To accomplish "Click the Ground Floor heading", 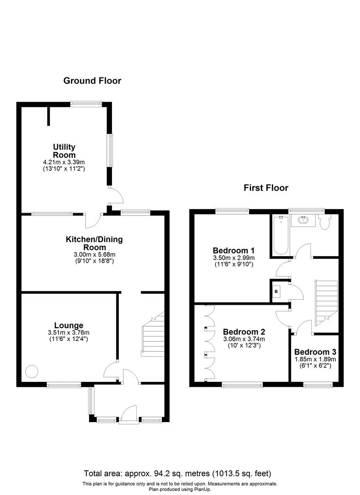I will (x=92, y=81).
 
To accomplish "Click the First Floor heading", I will (x=266, y=187).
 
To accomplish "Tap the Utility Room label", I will (x=64, y=151).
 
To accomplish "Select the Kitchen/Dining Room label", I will (x=94, y=243).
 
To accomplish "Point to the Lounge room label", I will (x=68, y=325).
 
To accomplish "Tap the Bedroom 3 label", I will (x=315, y=352).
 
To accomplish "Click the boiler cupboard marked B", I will (x=276, y=291).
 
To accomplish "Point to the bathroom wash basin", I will (x=303, y=220).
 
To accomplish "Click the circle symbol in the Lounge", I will (x=32, y=370).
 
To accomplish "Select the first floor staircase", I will (x=325, y=300).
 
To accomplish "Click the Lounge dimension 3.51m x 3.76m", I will (x=68, y=333).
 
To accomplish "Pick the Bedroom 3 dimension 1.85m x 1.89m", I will (x=315, y=360).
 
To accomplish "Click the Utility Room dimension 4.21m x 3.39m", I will (x=64, y=162).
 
